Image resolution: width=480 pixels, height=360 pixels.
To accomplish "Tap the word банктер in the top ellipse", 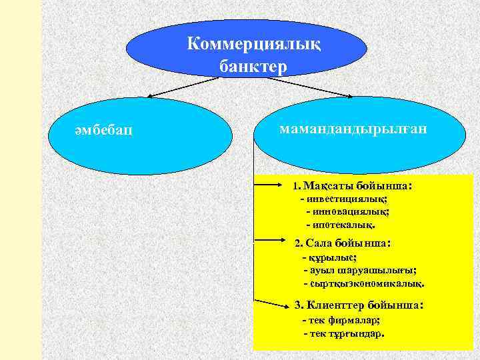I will click(x=253, y=67).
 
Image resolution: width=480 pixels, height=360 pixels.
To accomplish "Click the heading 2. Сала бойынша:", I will click(x=343, y=243).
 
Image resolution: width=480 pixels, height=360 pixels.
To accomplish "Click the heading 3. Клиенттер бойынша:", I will click(x=359, y=305).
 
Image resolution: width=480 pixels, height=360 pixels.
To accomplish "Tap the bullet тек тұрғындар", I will click(x=344, y=332).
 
